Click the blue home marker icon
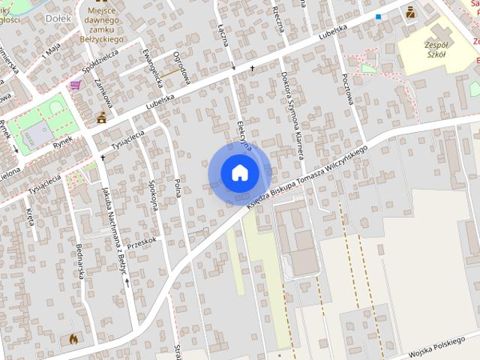tap(239, 172)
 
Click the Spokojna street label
tap(151, 192)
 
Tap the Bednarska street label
tap(79, 260)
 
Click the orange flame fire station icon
tap(73, 338)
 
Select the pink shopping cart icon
tap(75, 85)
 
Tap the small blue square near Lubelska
tap(379, 16)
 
